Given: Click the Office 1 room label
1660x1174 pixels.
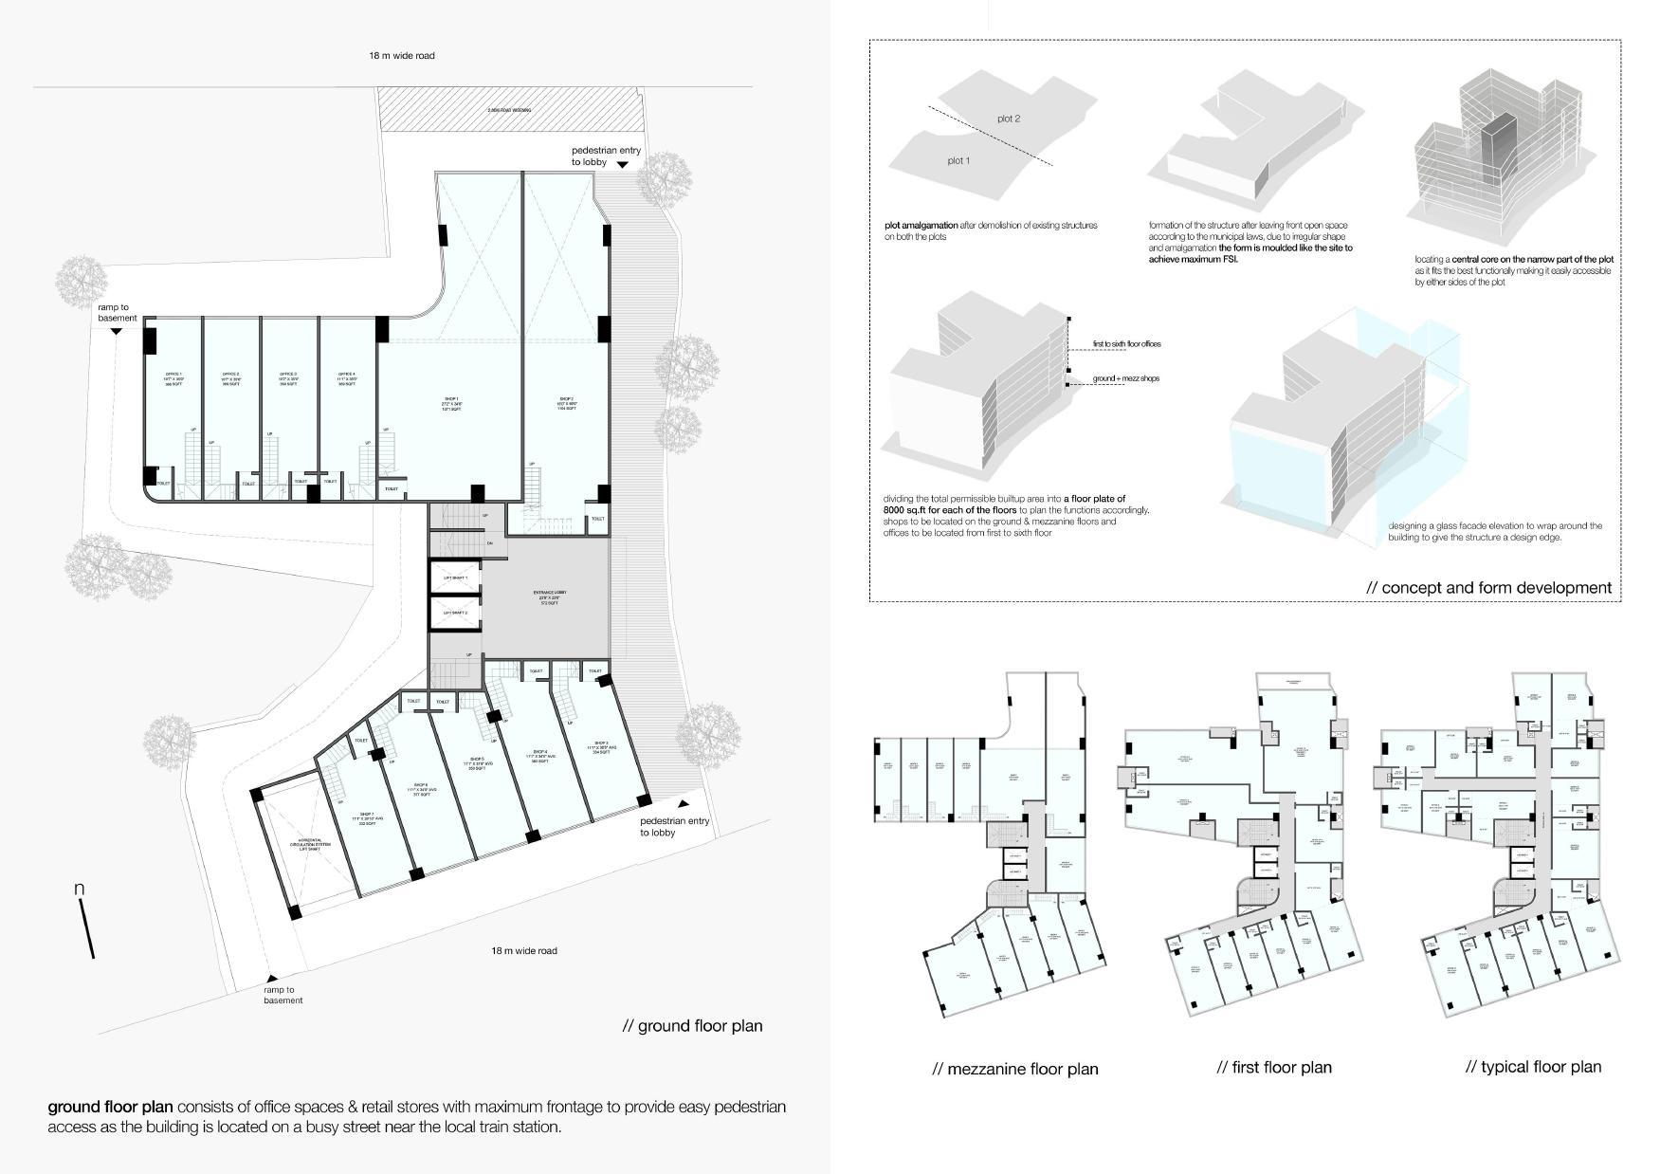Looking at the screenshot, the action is [174, 378].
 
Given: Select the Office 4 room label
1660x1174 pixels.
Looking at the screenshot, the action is [347, 378].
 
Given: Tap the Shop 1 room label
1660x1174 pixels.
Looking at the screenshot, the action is [450, 403].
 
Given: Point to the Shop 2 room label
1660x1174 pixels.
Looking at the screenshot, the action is [566, 403].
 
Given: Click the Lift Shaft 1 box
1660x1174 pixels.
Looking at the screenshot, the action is [456, 578].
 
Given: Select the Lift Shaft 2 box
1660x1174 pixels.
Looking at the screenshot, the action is [456, 613].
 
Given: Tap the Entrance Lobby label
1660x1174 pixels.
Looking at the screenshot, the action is [549, 597].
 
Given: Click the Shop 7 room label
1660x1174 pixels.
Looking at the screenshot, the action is [362, 819].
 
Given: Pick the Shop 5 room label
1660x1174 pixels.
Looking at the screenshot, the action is [477, 763].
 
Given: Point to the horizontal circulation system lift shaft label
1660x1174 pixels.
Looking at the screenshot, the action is [310, 844].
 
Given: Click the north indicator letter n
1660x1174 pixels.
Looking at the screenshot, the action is [80, 889].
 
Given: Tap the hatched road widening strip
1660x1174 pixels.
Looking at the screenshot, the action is [510, 110].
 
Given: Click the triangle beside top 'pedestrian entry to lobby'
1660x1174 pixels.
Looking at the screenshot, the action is [622, 165].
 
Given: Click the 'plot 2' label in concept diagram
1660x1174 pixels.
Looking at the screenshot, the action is [1009, 119].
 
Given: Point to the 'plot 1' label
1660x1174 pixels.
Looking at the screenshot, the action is [958, 161].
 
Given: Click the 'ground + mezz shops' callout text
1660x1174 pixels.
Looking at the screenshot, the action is [1125, 378].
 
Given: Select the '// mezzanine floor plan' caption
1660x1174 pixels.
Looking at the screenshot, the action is [1014, 1069].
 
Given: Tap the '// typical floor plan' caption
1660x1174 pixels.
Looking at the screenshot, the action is [1533, 1067].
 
